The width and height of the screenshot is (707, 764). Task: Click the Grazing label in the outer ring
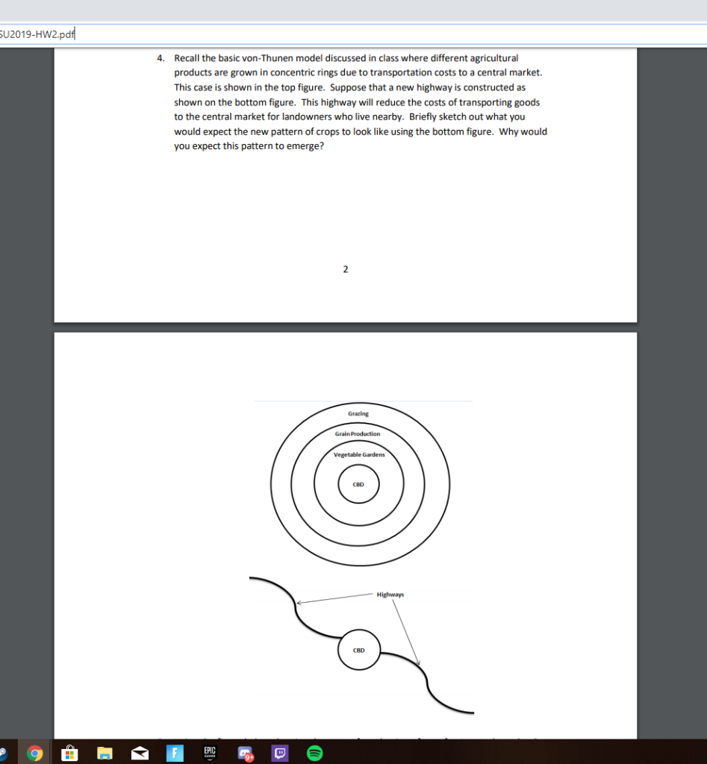point(358,413)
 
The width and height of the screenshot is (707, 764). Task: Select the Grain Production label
point(358,433)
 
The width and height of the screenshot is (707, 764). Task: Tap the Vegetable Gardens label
point(358,454)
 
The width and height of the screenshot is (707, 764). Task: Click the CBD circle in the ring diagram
point(358,483)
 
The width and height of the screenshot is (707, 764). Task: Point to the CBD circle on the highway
point(358,650)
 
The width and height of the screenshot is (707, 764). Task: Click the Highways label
point(390,595)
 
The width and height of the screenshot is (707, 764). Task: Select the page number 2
point(345,269)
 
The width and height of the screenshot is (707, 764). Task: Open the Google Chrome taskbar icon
point(34,754)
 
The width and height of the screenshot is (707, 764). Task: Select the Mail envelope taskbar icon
point(138,754)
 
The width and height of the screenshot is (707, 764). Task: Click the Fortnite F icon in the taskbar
point(174,754)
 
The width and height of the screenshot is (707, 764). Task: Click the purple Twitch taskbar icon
point(281,754)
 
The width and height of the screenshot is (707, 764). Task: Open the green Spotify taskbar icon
point(315,754)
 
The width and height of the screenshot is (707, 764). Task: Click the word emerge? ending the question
point(305,145)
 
